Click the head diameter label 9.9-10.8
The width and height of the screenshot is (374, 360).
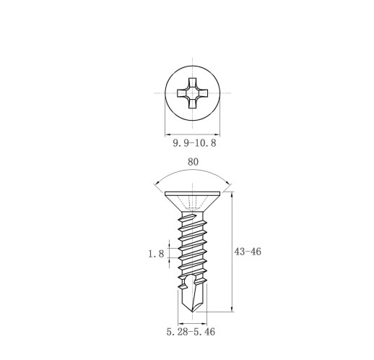pyautogui.click(x=194, y=143)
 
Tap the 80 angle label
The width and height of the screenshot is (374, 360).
pyautogui.click(x=193, y=162)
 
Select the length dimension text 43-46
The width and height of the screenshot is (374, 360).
pyautogui.click(x=248, y=252)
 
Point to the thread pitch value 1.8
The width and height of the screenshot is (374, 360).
pyautogui.click(x=156, y=254)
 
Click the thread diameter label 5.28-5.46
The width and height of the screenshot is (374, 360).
pyautogui.click(x=191, y=332)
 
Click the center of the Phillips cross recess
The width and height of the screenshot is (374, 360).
pyautogui.click(x=193, y=93)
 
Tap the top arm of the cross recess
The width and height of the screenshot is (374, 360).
pyautogui.click(x=193, y=82)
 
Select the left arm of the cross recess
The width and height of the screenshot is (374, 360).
pyautogui.click(x=182, y=93)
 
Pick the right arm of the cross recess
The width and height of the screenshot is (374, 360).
pyautogui.click(x=204, y=93)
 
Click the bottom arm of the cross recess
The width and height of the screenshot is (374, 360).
pyautogui.click(x=193, y=104)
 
